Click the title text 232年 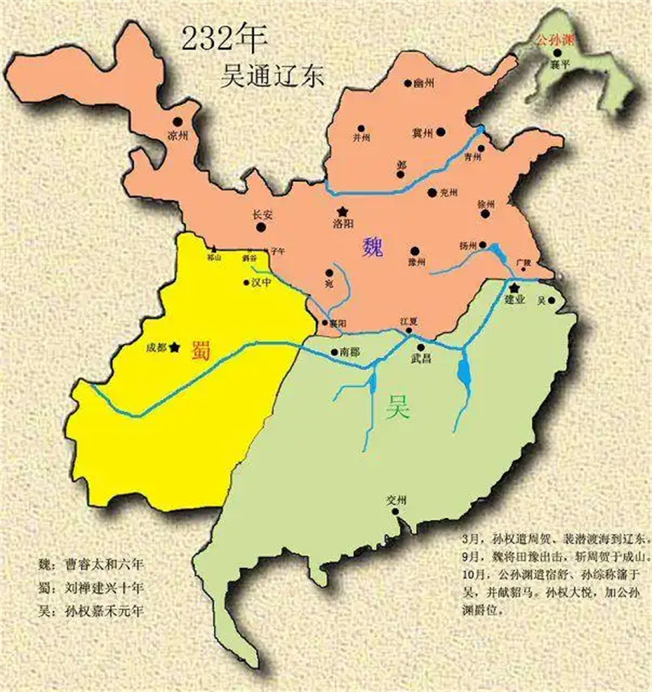pyautogui.click(x=217, y=41)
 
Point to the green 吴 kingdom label pyautogui.click(x=397, y=409)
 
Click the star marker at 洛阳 pyautogui.click(x=341, y=211)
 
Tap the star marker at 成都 pyautogui.click(x=174, y=348)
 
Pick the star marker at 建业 pyautogui.click(x=514, y=288)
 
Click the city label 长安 pyautogui.click(x=261, y=214)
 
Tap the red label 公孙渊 pyautogui.click(x=555, y=41)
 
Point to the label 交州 pyautogui.click(x=398, y=500)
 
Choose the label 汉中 pyautogui.click(x=261, y=283)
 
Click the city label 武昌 pyautogui.click(x=421, y=359)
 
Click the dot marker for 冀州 pyautogui.click(x=441, y=133)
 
